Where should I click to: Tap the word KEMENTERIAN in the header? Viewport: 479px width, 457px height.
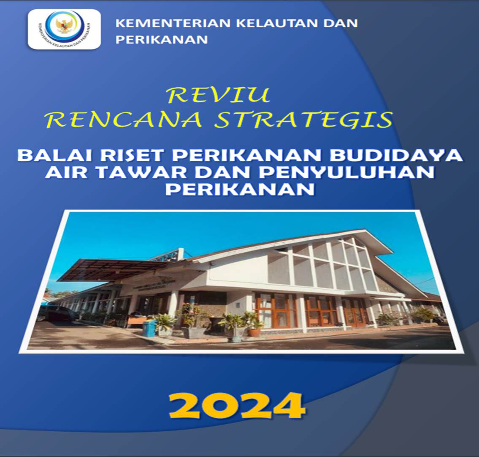pos(173,23)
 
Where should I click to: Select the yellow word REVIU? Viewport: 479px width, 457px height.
pos(219,95)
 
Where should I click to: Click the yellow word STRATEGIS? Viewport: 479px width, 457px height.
pos(303,119)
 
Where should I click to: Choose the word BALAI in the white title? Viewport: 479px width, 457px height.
pos(54,155)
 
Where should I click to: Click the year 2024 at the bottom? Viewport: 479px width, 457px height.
pos(237,406)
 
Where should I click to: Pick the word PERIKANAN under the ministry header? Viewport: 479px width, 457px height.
pos(162,40)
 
